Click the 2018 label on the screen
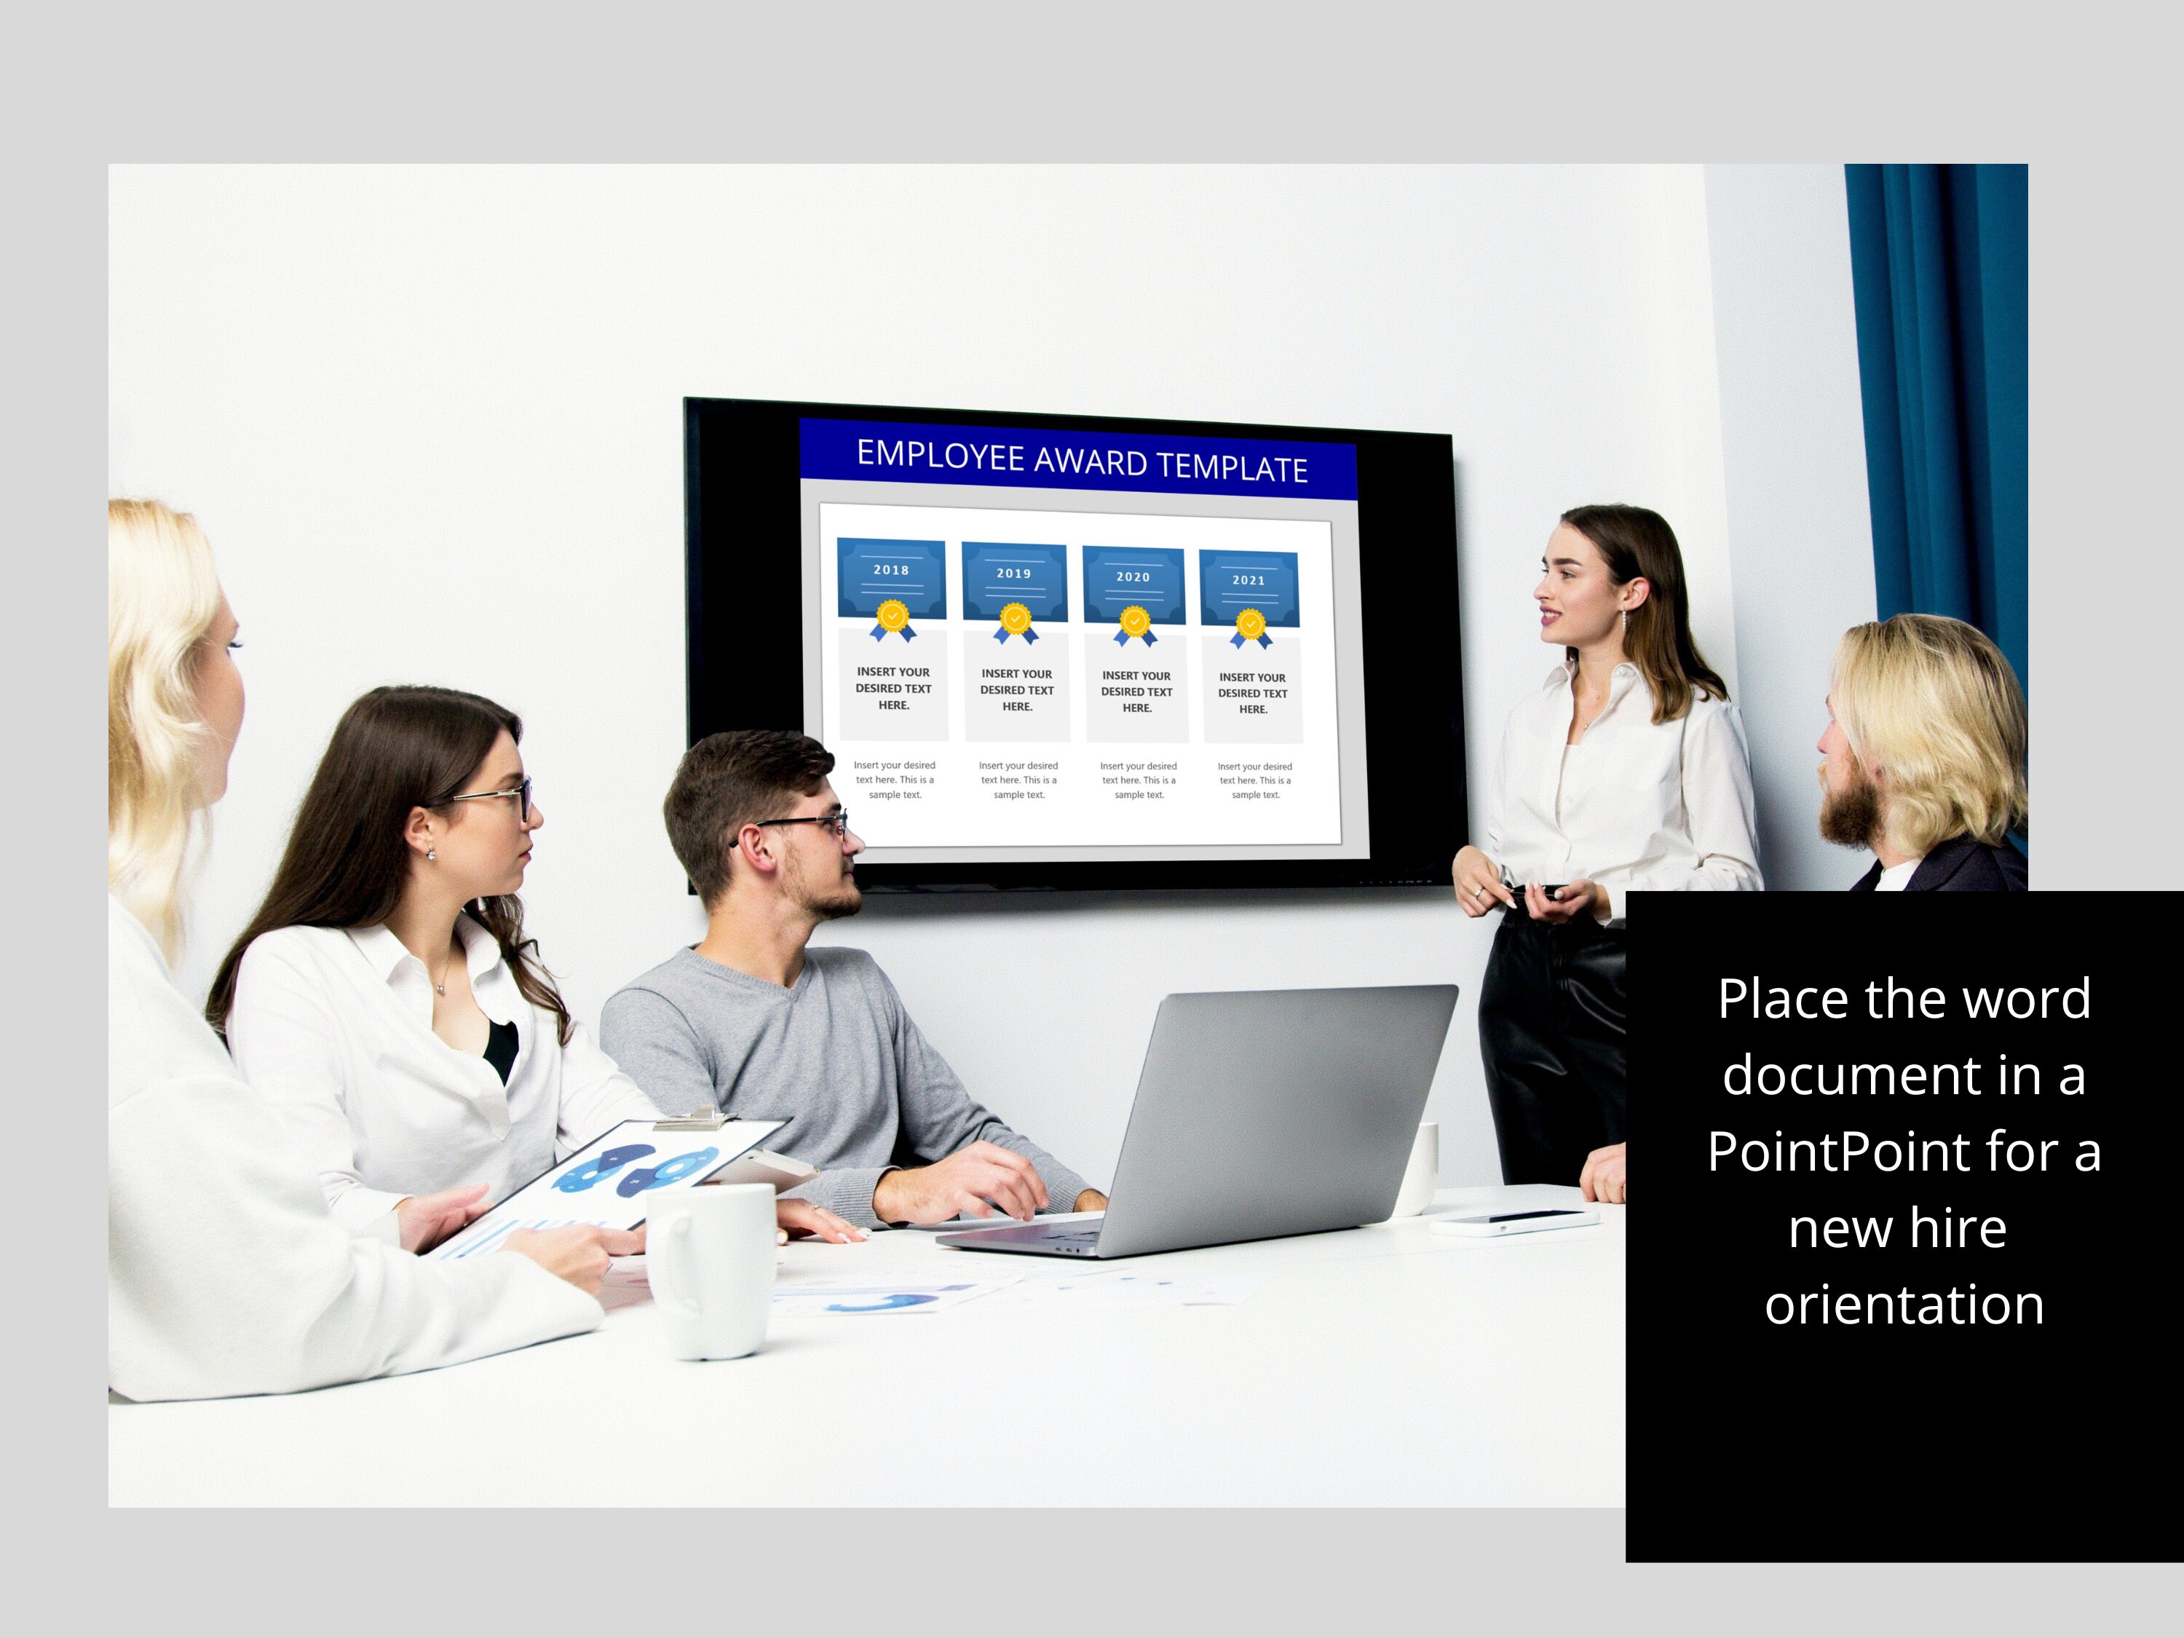click(x=890, y=570)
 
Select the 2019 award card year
click(x=1013, y=573)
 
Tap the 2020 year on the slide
click(x=1133, y=577)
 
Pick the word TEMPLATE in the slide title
click(x=1233, y=467)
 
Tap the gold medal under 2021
click(x=1251, y=625)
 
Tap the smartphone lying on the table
click(x=1513, y=1222)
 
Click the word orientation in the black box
click(x=1904, y=1305)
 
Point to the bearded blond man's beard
click(x=1849, y=810)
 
